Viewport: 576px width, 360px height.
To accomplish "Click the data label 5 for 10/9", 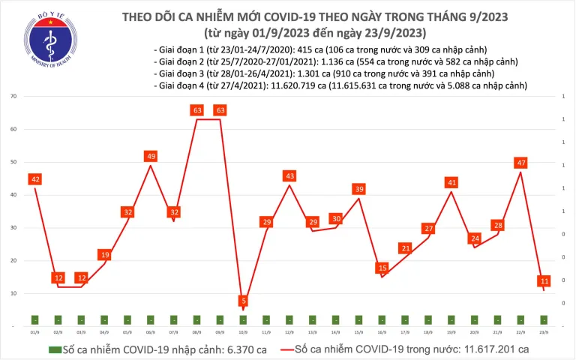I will coord(244,301).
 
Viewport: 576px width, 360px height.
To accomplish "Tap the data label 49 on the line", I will coord(151,156).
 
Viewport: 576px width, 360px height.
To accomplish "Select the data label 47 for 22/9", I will coord(520,162).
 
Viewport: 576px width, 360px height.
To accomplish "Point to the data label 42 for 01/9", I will coord(34,179).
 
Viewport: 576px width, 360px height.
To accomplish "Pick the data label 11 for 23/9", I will coord(544,281).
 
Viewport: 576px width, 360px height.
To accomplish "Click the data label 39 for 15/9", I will coord(359,188).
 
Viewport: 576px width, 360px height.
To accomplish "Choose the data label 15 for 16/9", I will coord(382,268).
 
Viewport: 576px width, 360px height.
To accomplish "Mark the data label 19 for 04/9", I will coord(104,255).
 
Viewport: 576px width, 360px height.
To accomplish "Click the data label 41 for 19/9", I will coord(451,182).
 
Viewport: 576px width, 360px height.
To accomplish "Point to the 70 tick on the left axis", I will coord(14,97).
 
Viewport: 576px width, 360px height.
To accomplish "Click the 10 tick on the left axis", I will coord(14,293).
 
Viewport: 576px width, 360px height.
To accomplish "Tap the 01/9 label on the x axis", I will coord(35,331).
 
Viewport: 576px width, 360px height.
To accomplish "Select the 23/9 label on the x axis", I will coord(544,331).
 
